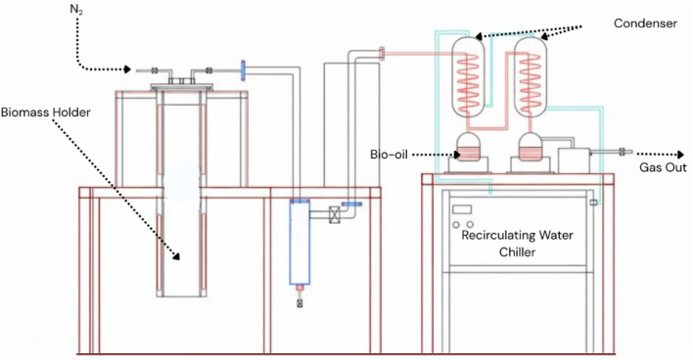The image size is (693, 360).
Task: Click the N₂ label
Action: tap(76, 9)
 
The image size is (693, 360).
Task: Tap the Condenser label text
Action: tap(645, 23)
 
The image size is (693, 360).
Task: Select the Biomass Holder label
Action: tap(46, 112)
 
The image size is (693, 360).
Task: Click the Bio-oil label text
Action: tap(389, 155)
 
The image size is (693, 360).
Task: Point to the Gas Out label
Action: tap(663, 167)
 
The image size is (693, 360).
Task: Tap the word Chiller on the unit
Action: tap(517, 251)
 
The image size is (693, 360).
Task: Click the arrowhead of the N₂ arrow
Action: tap(127, 69)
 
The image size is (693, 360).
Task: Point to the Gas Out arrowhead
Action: tap(679, 155)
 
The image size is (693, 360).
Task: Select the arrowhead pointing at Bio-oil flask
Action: tap(456, 155)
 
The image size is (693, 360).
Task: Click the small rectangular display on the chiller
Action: tap(462, 209)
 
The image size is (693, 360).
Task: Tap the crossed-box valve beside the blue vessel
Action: tap(336, 214)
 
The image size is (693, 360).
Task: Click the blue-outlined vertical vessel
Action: tap(300, 242)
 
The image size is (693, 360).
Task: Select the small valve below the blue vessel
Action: tap(300, 303)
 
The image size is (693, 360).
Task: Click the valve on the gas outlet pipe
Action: tap(622, 152)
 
